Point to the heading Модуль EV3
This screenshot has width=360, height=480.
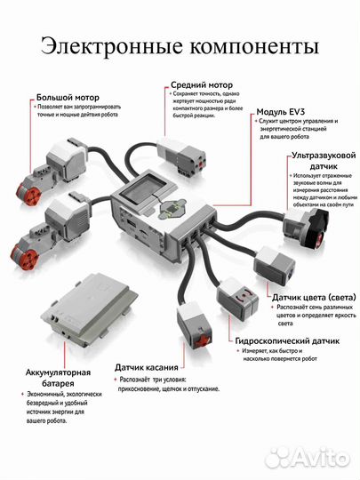283,113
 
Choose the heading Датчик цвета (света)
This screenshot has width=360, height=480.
308,296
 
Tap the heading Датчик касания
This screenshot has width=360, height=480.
150,366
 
